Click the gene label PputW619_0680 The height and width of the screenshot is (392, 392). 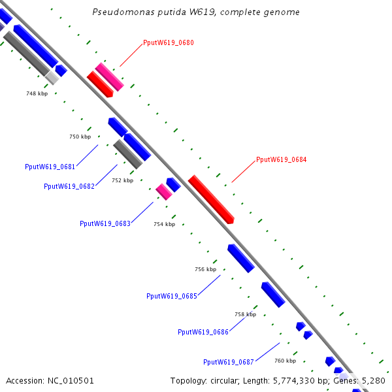(x=169, y=42)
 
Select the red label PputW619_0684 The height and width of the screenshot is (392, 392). (x=281, y=159)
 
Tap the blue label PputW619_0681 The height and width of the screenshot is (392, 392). (x=50, y=167)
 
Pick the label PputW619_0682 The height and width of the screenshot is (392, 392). (x=69, y=186)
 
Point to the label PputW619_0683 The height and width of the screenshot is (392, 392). (x=105, y=223)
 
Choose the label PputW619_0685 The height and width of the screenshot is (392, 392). (x=172, y=296)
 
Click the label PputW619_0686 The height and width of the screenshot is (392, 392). (x=203, y=332)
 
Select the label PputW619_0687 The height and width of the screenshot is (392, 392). (x=229, y=362)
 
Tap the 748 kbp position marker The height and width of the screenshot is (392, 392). (x=37, y=93)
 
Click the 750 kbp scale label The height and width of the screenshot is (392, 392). (x=80, y=137)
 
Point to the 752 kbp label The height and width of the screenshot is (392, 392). (x=123, y=180)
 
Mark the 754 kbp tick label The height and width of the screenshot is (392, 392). (x=164, y=224)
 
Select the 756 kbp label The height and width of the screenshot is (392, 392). (x=206, y=269)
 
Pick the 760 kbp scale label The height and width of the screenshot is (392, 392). (x=286, y=361)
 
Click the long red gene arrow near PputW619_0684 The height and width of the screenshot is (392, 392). (x=211, y=199)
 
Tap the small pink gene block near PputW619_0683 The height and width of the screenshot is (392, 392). (x=164, y=191)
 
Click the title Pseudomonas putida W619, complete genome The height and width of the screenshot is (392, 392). (x=196, y=12)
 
